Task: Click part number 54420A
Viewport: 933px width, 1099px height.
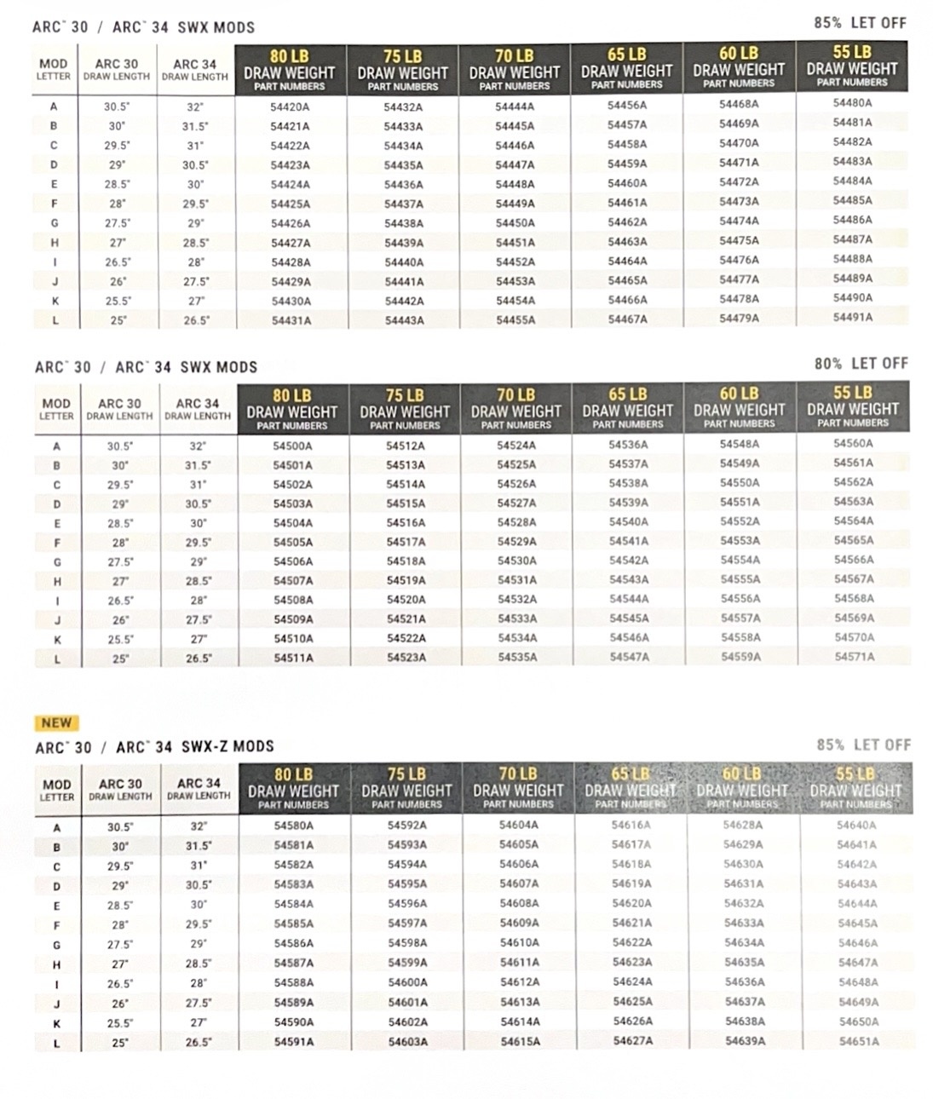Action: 290,107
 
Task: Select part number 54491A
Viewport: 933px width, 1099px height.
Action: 852,317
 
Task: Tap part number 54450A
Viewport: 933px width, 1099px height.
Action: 515,223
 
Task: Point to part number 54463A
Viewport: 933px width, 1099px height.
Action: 627,242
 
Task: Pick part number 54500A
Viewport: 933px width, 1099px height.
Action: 292,446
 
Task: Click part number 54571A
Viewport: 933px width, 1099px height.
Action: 854,657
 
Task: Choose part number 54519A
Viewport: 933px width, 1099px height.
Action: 406,581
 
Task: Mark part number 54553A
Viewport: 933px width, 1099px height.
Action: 740,541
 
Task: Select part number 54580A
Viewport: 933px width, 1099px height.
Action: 293,826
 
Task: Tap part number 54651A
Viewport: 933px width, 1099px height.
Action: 857,1041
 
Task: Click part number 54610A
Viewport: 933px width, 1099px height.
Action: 519,943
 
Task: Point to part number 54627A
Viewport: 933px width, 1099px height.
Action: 632,1040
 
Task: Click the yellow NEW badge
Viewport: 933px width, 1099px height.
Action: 56,722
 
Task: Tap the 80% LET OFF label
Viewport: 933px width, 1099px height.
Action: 861,364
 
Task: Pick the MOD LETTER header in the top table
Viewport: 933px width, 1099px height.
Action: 53,69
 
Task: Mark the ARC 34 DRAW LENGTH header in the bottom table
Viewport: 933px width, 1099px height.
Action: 199,788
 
